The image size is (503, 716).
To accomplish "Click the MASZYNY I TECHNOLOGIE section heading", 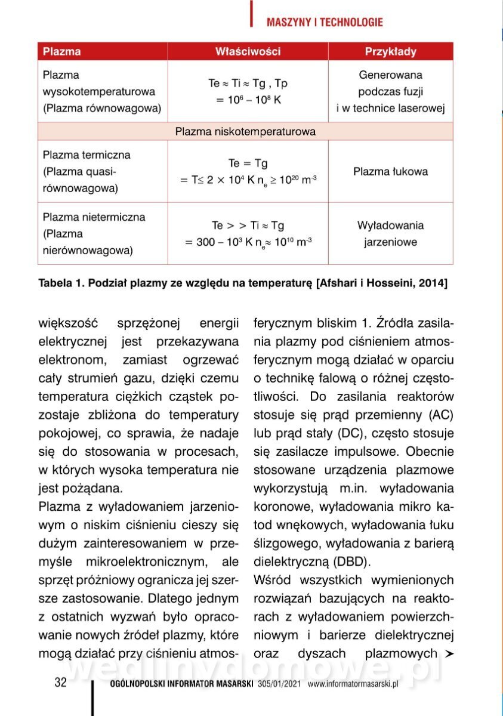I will coord(325,23).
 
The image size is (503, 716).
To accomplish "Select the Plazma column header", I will coord(62,52).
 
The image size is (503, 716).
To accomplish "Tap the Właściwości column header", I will coord(248,52).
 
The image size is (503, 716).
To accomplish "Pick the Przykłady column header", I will coord(390,52).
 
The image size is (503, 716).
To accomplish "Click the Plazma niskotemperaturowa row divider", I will coord(245,131).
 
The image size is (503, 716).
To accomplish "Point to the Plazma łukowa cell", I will coord(390,172).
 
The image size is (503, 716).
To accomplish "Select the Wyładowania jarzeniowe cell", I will coord(390,234).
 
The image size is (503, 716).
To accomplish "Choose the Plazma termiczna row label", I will coord(87,155).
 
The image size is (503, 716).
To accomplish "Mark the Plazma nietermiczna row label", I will coord(94,217).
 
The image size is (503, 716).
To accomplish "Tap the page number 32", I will coord(60,683).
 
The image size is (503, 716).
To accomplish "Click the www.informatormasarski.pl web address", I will coord(353,684).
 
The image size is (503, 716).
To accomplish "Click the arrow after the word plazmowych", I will coord(449,654).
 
